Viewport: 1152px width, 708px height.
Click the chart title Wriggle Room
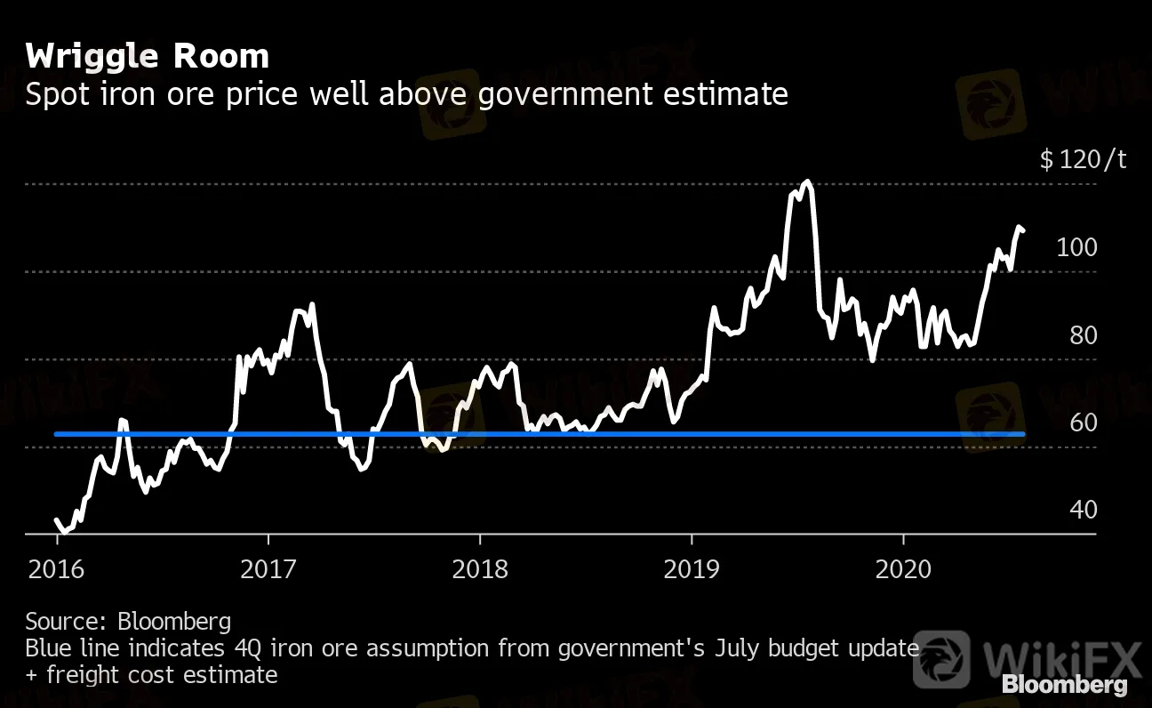coord(147,57)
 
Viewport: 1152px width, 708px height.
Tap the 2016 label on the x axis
coord(57,568)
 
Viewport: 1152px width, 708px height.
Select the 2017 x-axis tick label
coord(268,568)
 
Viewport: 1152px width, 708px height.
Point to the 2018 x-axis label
coord(480,568)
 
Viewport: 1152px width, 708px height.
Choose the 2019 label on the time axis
coord(692,568)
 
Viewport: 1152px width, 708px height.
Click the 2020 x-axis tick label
coord(903,568)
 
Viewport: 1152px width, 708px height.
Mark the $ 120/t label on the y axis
coord(1083,160)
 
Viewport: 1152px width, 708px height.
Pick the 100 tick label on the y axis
coord(1076,247)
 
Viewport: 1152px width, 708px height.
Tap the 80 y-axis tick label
coord(1082,335)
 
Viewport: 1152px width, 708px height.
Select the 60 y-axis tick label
coord(1082,422)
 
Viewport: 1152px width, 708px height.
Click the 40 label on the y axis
coord(1082,510)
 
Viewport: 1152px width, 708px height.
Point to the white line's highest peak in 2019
coord(806,182)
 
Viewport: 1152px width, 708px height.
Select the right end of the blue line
coord(1024,434)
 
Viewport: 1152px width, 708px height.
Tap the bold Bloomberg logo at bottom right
coord(1064,685)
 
